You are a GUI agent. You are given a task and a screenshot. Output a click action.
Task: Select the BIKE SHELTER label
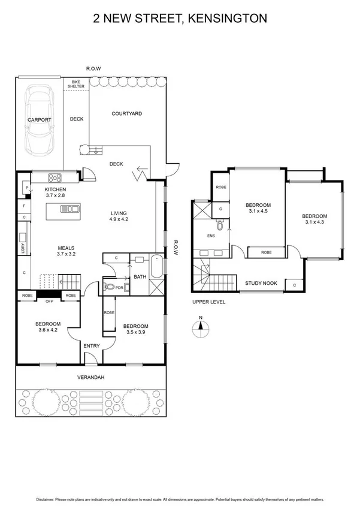coord(76,83)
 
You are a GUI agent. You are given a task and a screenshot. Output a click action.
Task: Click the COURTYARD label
coord(126,113)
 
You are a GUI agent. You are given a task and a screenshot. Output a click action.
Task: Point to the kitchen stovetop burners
coord(56,177)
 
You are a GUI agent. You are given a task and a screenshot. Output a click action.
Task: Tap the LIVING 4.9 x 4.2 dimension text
coord(119,219)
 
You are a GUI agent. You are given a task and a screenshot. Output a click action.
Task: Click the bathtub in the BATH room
coord(156,267)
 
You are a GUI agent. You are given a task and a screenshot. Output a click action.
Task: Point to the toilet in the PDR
coord(110,287)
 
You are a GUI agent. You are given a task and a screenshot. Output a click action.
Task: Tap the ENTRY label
coord(92,345)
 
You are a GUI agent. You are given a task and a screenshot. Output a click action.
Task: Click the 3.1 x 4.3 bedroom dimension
coord(314,223)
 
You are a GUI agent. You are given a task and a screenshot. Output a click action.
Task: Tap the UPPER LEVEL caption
coord(208,302)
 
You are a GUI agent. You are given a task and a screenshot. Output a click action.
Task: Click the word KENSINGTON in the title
coord(228,19)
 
